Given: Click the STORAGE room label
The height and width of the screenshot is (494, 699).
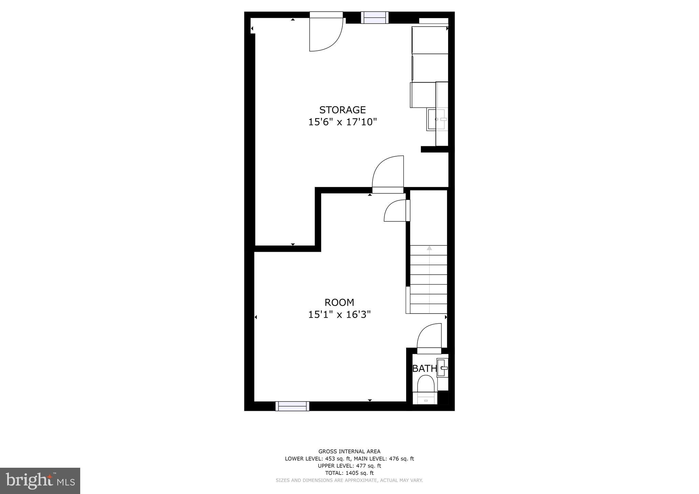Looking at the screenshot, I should (342, 110).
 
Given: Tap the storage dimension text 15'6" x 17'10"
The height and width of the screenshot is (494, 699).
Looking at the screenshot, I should (342, 122).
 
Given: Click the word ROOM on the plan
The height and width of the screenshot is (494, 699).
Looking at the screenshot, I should (339, 303).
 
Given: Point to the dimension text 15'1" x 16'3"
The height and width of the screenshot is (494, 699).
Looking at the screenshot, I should (339, 315).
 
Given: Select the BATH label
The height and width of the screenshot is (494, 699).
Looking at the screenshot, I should (425, 368).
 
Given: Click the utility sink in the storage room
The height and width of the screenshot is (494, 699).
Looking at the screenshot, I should (437, 119).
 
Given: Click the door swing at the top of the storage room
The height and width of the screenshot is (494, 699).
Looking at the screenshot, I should (324, 34).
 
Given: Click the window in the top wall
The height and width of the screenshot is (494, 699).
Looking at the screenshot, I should (374, 17).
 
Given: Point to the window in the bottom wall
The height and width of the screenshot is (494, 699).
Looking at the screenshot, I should (292, 406).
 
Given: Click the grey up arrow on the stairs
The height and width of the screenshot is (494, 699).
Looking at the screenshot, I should (429, 248).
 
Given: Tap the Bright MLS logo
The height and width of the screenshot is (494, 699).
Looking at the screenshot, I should (40, 481).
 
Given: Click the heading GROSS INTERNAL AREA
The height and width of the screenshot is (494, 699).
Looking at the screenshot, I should (349, 451).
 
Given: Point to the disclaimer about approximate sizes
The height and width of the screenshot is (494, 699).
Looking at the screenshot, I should (349, 480).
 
